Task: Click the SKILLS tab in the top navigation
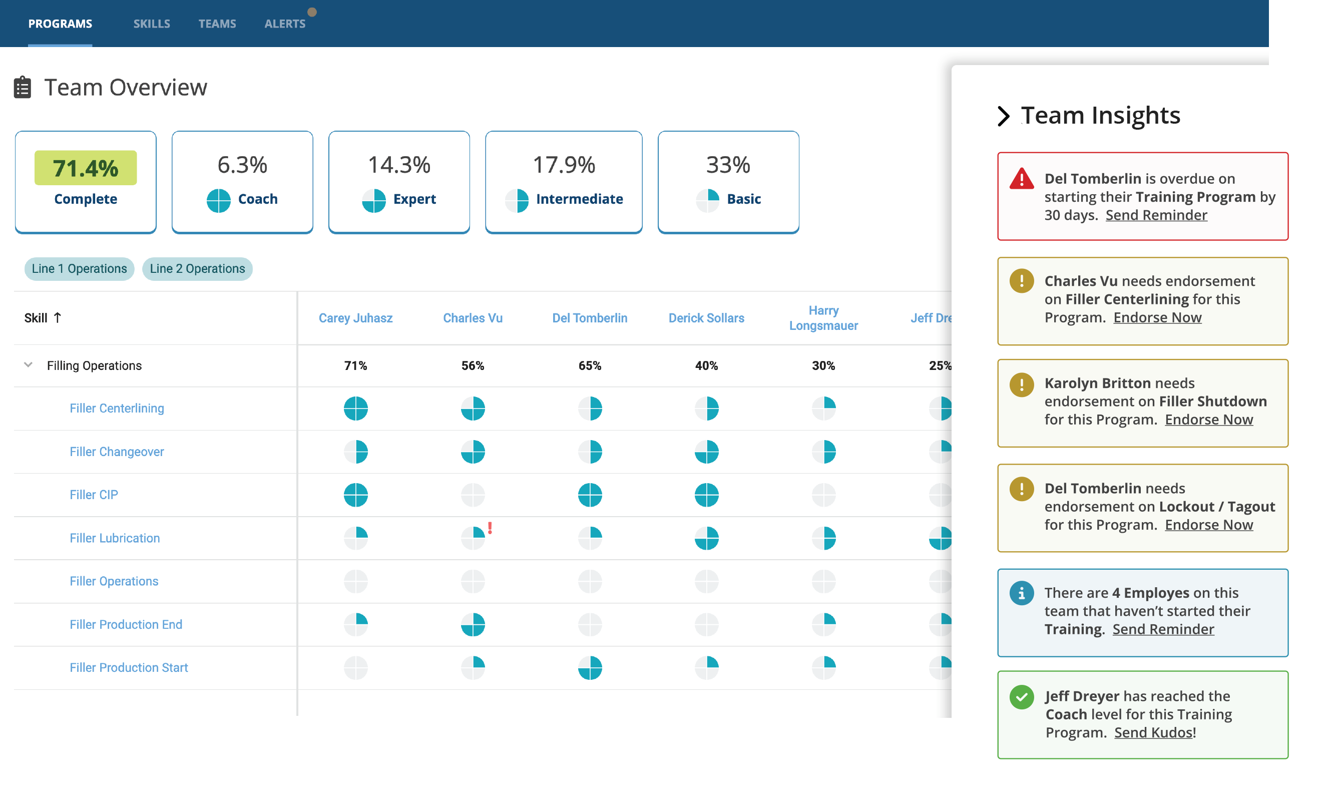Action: [152, 24]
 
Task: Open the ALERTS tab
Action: [285, 24]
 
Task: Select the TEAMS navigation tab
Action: [217, 24]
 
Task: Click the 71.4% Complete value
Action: [86, 168]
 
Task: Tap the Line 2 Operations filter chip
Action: [197, 268]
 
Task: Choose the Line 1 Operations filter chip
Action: [79, 268]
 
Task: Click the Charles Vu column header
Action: [473, 318]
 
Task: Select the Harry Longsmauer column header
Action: [823, 318]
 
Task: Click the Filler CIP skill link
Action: [94, 495]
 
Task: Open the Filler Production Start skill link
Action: [129, 667]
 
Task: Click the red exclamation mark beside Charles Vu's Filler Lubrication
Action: [490, 528]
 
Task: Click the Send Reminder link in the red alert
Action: [1156, 215]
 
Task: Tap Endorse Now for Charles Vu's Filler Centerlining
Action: [1157, 317]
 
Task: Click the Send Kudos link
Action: [1153, 732]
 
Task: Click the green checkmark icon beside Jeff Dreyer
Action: [1022, 697]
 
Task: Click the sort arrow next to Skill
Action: [58, 317]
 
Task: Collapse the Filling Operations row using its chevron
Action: [29, 365]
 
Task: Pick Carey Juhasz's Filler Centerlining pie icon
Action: [356, 408]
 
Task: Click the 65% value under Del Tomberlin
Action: [590, 365]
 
